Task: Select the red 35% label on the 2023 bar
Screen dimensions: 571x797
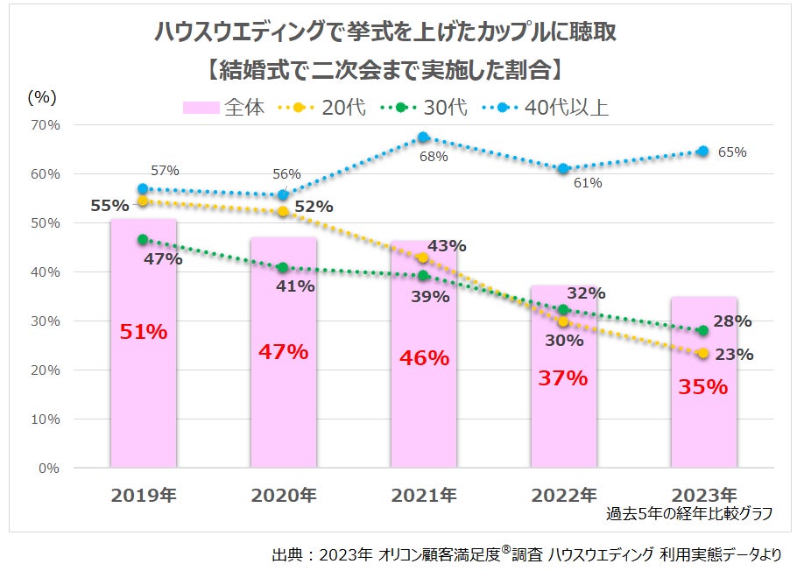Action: coord(703,386)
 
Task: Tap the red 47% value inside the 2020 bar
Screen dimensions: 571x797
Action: coord(283,352)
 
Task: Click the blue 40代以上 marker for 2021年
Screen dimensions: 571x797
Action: coord(423,137)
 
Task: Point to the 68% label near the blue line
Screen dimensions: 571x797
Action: coord(434,157)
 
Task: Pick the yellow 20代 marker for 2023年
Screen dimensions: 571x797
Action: coord(703,353)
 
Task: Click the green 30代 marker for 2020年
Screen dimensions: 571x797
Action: coord(282,267)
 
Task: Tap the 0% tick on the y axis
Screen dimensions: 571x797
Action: coord(48,468)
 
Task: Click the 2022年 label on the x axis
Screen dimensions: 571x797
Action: coord(564,495)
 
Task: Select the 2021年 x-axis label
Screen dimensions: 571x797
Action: coord(424,495)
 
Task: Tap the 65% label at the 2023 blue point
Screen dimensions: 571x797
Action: coord(732,152)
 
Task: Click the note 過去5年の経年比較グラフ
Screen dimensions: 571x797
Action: coord(689,514)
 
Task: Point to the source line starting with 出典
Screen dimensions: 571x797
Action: coord(525,554)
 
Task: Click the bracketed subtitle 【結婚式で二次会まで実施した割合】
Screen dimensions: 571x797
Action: coord(385,68)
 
